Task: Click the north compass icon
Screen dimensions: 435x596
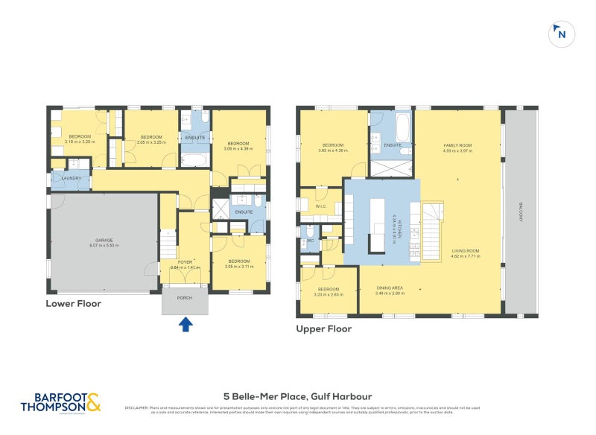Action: click(560, 34)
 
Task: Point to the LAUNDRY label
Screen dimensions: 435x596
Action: click(72, 178)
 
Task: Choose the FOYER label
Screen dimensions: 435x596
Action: click(186, 261)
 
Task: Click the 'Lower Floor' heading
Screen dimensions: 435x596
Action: click(73, 303)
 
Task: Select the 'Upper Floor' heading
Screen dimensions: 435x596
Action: click(323, 328)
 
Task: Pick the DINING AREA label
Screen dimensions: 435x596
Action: click(387, 288)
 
